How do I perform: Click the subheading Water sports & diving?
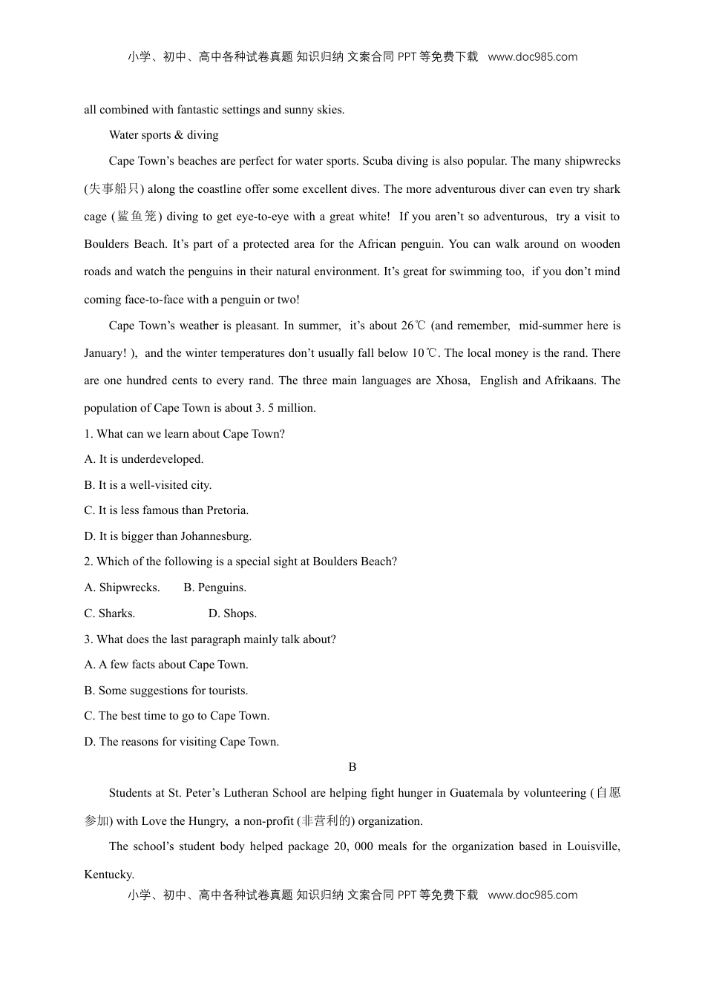(163, 135)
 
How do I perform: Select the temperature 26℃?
(414, 326)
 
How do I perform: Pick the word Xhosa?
(452, 381)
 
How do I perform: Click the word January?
(105, 353)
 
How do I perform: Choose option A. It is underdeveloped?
(143, 459)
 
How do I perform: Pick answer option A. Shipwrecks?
(122, 588)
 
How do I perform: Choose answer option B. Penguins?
(214, 588)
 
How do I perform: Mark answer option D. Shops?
(232, 613)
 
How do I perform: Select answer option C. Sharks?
(109, 613)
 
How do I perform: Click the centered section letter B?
(352, 767)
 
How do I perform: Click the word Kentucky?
(108, 875)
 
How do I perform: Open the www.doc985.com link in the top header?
(532, 57)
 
